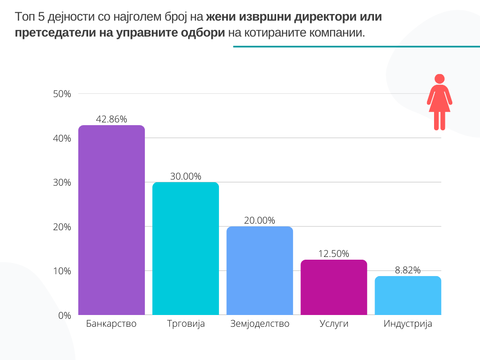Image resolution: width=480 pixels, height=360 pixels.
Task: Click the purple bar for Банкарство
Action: coord(112,220)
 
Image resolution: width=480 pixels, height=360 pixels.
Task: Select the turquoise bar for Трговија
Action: coord(186,248)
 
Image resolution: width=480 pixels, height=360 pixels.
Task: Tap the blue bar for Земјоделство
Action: coord(260,270)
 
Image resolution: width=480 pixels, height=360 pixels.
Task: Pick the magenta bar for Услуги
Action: coord(334,287)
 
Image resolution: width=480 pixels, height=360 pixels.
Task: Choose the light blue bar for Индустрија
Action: coord(408,295)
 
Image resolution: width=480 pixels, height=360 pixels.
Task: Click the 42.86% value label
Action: coord(112,119)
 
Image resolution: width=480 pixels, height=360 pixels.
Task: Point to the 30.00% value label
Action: coord(186,176)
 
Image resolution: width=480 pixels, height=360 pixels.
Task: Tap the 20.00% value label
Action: coord(260,220)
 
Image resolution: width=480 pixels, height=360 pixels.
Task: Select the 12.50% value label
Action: coord(334,254)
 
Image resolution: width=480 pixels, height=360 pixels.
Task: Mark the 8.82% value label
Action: coord(408,270)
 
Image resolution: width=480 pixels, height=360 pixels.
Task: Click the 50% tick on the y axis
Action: coord(62,94)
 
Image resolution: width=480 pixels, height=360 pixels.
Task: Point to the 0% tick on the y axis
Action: coord(64,315)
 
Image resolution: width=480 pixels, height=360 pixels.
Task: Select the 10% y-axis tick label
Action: coord(62,271)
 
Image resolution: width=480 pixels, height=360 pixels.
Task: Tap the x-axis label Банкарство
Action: coord(112,324)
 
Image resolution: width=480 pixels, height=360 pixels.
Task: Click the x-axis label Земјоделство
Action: coord(260,324)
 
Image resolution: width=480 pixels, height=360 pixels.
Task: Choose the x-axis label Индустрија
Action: coord(408,324)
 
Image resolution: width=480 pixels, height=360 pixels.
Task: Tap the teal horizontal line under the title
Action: coord(356,46)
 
